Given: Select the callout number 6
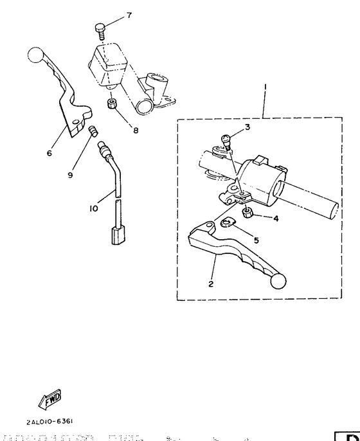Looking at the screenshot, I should pyautogui.click(x=49, y=154).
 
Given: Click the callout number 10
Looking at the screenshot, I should pyautogui.click(x=94, y=209).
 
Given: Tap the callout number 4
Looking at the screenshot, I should pyautogui.click(x=276, y=219).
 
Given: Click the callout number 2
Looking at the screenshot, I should pyautogui.click(x=210, y=283).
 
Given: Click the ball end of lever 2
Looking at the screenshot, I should pyautogui.click(x=279, y=281).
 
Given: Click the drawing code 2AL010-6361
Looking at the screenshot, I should pyautogui.click(x=50, y=422).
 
